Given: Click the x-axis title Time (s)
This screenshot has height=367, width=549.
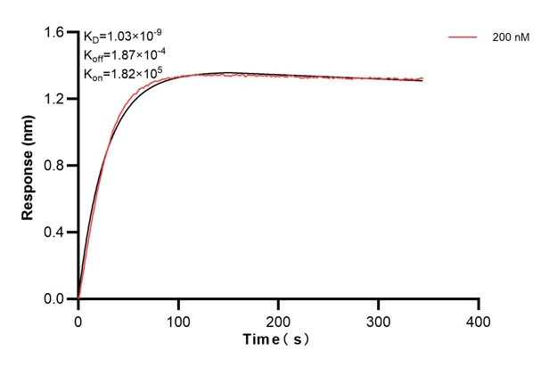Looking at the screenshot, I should click(278, 340).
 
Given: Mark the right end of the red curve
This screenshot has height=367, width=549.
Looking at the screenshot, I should click(422, 78).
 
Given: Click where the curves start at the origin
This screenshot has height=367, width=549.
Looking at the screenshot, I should click(78, 298).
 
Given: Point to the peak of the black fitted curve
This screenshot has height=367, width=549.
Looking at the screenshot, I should click(227, 72).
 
